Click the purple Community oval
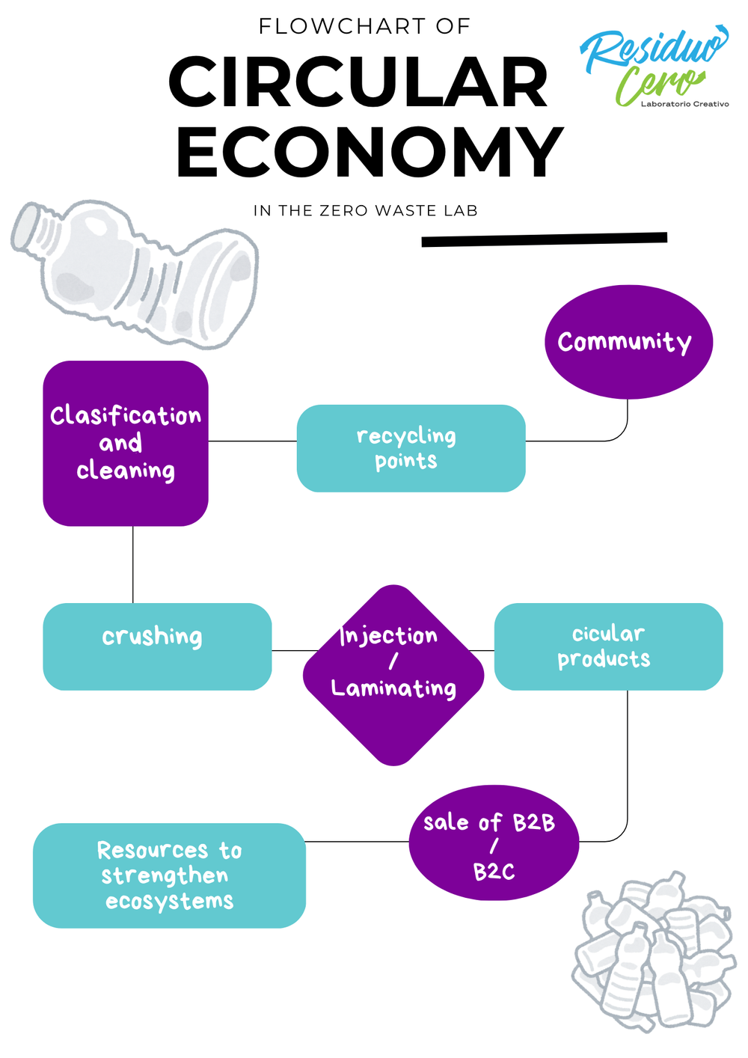pyautogui.click(x=628, y=342)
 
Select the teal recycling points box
pyautogui.click(x=411, y=448)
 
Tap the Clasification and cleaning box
pyautogui.click(x=126, y=443)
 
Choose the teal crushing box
pyautogui.click(x=157, y=646)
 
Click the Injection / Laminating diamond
pyautogui.click(x=393, y=676)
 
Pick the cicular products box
pyautogui.click(x=609, y=646)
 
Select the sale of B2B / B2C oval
pyautogui.click(x=494, y=843)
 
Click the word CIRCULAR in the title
pyautogui.click(x=358, y=82)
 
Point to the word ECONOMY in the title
pyautogui.click(x=370, y=152)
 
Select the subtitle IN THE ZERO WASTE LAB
pyautogui.click(x=366, y=211)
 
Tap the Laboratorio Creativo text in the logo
pyautogui.click(x=684, y=104)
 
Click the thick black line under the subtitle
pyautogui.click(x=544, y=239)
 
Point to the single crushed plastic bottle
pyautogui.click(x=135, y=274)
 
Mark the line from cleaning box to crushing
pyautogui.click(x=132, y=564)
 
